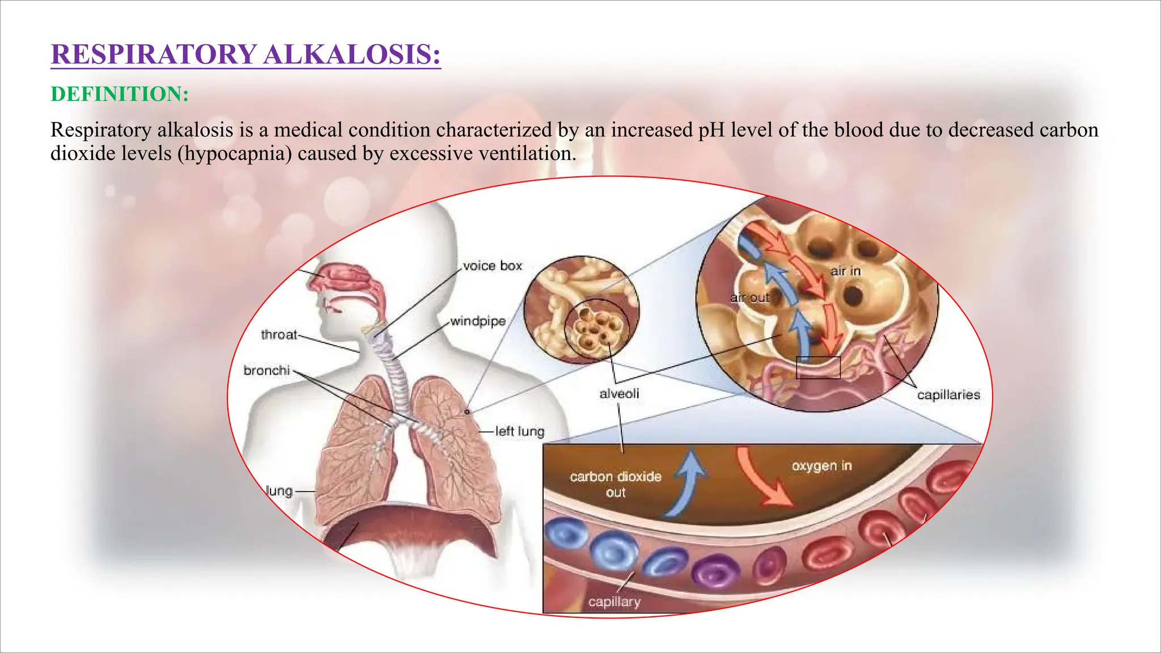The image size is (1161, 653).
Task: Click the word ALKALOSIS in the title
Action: pyautogui.click(x=351, y=55)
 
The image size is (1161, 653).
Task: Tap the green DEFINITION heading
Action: pyautogui.click(x=120, y=94)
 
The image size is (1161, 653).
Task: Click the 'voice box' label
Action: pyautogui.click(x=492, y=266)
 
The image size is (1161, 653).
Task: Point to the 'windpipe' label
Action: pyautogui.click(x=478, y=321)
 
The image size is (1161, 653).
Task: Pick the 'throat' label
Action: pyautogui.click(x=279, y=335)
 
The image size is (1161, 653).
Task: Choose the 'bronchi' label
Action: pyautogui.click(x=266, y=371)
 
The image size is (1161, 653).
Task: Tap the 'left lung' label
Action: pyautogui.click(x=519, y=431)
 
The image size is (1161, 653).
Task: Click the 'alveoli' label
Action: pyautogui.click(x=619, y=393)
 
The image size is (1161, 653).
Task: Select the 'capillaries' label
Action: pyautogui.click(x=948, y=395)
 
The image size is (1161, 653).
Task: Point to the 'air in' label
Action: pyautogui.click(x=845, y=272)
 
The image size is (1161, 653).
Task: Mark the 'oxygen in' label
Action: pyautogui.click(x=821, y=466)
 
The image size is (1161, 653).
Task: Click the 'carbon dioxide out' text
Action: pyautogui.click(x=616, y=484)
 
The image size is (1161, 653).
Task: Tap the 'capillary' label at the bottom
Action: pyautogui.click(x=614, y=602)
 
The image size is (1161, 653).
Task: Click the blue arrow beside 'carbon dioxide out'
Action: pyautogui.click(x=687, y=482)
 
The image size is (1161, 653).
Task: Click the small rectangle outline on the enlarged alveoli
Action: pyautogui.click(x=818, y=367)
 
